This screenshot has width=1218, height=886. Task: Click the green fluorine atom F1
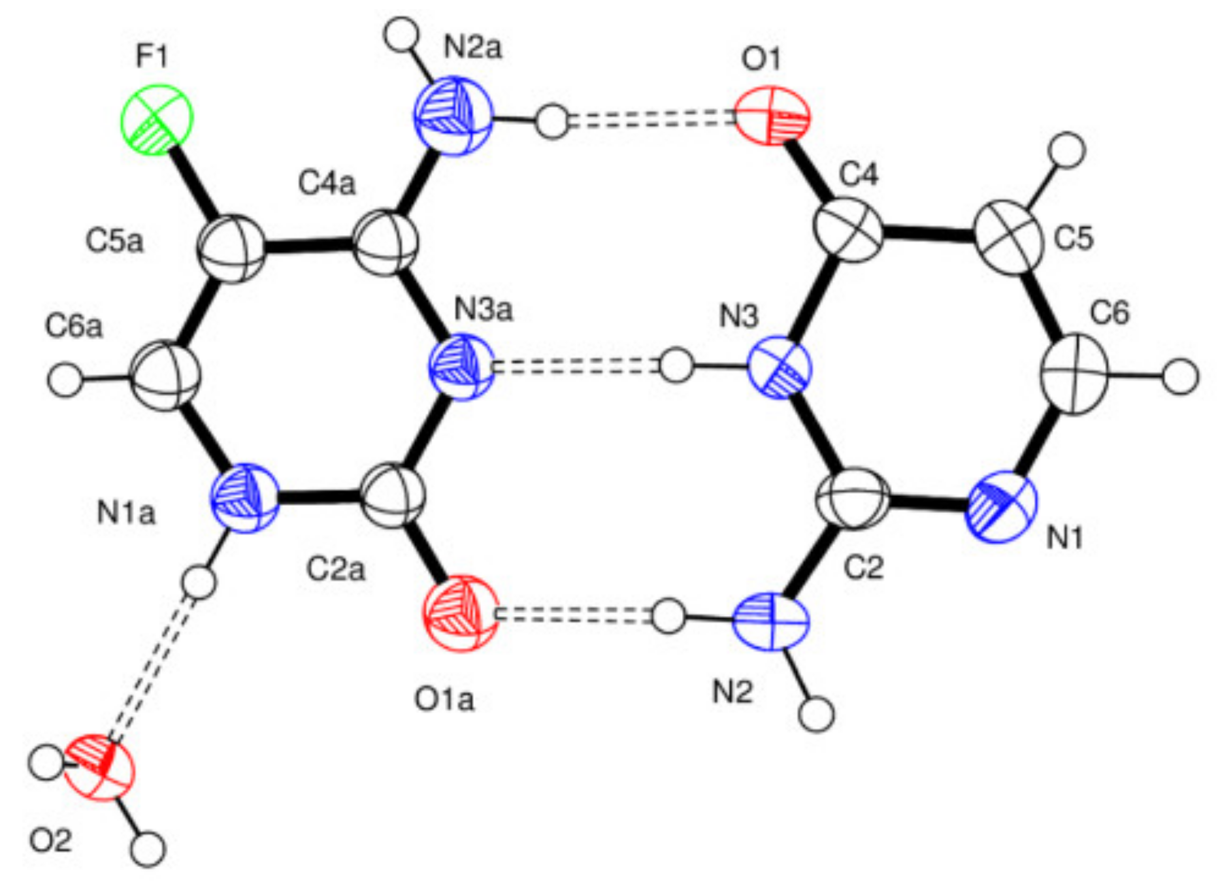(x=156, y=120)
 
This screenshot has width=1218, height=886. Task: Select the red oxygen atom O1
(x=772, y=116)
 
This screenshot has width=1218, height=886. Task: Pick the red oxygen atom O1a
(x=460, y=613)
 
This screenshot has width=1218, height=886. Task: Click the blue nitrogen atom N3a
(x=460, y=368)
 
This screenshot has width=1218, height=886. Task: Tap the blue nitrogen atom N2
(x=770, y=621)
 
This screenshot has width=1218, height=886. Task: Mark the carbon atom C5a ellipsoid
(x=231, y=249)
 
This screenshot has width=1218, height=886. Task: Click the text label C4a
(x=327, y=184)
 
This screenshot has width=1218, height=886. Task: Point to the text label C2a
(x=336, y=570)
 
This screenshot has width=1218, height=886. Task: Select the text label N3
(x=739, y=318)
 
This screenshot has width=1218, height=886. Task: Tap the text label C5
(x=1074, y=238)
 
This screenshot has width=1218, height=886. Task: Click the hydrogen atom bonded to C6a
(x=66, y=379)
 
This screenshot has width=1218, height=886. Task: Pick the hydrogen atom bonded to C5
(x=1067, y=150)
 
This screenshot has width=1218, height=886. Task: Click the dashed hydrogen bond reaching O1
(x=650, y=120)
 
